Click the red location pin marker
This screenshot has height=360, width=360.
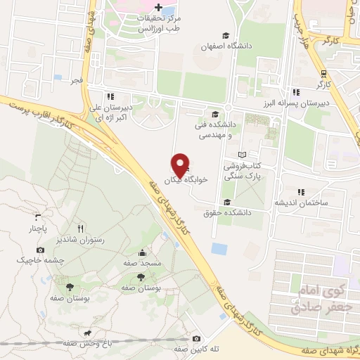(x=181, y=165)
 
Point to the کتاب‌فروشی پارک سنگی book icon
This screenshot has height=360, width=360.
(x=242, y=155)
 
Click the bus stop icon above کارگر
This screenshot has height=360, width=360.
(x=323, y=73)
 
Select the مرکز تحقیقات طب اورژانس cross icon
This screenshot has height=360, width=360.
(x=157, y=7)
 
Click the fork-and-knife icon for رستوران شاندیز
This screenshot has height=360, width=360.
(x=80, y=229)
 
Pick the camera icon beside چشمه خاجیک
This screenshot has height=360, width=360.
(x=40, y=250)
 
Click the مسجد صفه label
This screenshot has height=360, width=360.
(x=142, y=262)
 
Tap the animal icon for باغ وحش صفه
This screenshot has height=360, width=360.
(x=86, y=333)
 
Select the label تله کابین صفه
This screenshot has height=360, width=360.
(x=181, y=349)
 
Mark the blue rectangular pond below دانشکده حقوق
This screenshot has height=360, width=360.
(x=219, y=249)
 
